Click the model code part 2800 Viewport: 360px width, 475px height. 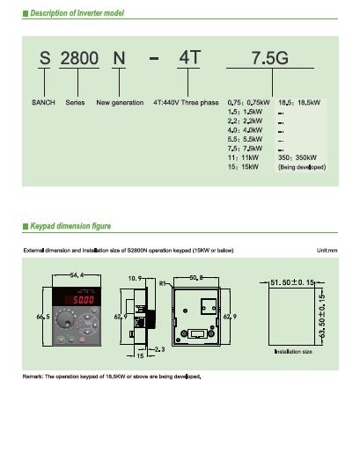point(78,59)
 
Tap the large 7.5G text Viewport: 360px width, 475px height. point(269,59)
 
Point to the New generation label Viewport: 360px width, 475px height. point(120,102)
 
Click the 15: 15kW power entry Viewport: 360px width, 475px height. point(243,166)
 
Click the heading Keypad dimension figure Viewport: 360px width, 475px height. point(70,226)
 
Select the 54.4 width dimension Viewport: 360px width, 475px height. point(77,275)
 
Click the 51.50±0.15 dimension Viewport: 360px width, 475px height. point(290,282)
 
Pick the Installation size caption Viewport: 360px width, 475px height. point(294,351)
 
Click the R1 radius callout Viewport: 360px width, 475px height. point(163,283)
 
